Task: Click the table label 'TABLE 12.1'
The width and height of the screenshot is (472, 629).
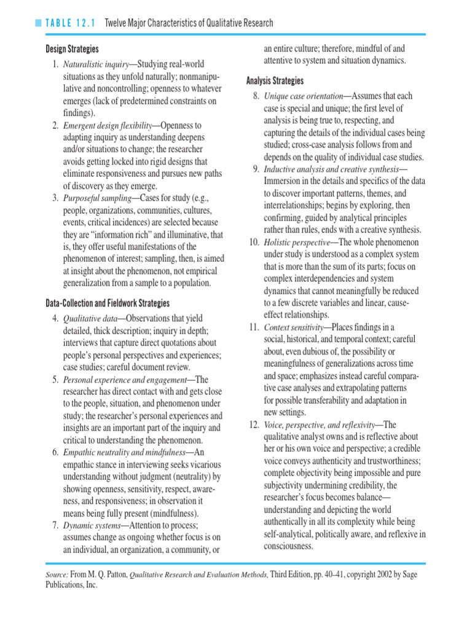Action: tap(70, 23)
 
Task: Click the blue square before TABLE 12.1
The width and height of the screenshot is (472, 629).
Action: tap(39, 23)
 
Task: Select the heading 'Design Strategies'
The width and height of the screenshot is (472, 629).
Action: tap(72, 49)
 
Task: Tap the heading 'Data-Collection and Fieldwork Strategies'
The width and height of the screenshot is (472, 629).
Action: tap(108, 303)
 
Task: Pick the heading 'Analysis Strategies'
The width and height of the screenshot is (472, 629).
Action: tap(275, 81)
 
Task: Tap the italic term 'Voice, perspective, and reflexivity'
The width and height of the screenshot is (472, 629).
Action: tap(317, 425)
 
